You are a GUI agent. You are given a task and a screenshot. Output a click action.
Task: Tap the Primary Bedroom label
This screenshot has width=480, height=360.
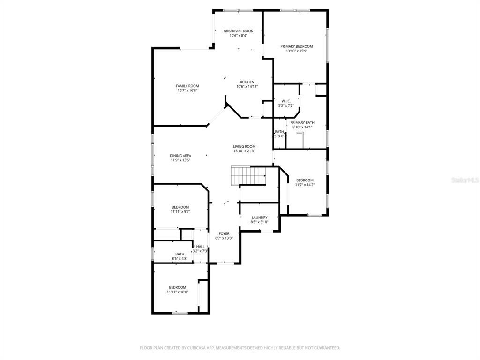click(296, 46)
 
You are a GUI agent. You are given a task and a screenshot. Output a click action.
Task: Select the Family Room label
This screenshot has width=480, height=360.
click(187, 86)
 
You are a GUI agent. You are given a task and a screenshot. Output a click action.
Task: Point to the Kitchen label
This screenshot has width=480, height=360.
click(247, 82)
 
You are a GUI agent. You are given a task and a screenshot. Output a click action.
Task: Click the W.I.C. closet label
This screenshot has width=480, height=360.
click(285, 101)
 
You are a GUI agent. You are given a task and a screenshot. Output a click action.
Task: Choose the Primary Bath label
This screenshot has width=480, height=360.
click(302, 122)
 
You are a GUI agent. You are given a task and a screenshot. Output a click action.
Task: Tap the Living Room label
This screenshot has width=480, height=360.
click(244, 146)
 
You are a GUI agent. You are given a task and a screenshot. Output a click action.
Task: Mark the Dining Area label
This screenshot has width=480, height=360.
click(180, 156)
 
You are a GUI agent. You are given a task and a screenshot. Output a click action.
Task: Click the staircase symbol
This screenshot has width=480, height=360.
click(248, 176)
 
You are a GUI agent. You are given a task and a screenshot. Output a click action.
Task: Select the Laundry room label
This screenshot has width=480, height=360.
click(259, 217)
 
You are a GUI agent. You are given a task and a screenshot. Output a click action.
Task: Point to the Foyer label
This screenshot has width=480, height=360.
click(224, 233)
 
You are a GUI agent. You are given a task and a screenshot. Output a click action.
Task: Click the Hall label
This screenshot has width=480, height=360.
click(200, 247)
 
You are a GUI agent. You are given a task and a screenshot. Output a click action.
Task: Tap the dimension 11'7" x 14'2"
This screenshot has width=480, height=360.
click(305, 185)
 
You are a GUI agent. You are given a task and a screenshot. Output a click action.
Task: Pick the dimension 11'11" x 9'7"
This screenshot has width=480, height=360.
click(180, 212)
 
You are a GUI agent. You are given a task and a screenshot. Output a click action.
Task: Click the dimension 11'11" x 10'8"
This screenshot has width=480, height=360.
click(177, 292)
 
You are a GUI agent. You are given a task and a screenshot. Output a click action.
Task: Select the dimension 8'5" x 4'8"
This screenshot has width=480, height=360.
click(180, 258)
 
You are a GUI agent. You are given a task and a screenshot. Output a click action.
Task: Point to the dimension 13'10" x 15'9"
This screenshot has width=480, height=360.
click(296, 51)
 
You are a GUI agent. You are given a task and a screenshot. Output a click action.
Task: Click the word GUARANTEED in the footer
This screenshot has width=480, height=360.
click(324, 348)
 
